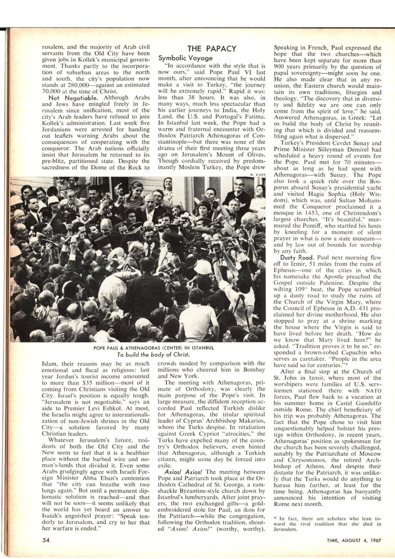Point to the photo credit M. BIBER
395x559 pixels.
[258, 175]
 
